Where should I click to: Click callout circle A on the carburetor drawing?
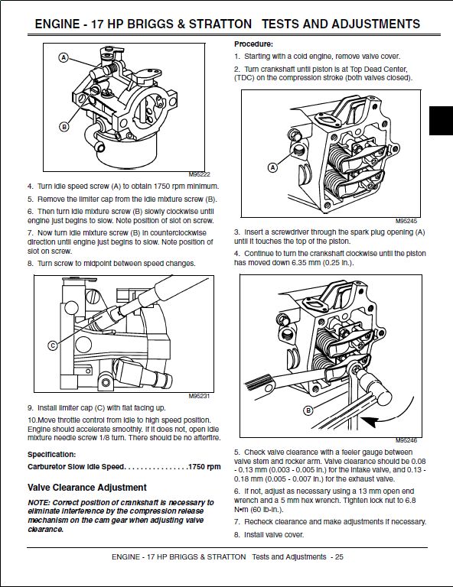point(64,57)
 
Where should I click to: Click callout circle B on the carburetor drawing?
point(64,127)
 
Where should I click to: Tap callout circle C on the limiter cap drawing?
point(53,345)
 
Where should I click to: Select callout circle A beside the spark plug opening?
point(272,167)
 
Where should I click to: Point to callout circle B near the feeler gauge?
point(308,410)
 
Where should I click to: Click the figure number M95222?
point(199,174)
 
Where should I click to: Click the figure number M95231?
point(199,396)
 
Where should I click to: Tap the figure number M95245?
point(406,221)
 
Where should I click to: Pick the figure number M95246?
point(406,440)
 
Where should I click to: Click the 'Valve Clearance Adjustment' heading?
point(87,488)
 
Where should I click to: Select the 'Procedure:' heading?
point(254,44)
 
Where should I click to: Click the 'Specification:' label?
point(52,455)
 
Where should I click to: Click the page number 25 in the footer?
point(339,556)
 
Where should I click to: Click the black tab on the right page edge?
point(441,121)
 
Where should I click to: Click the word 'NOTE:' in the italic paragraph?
point(38,502)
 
